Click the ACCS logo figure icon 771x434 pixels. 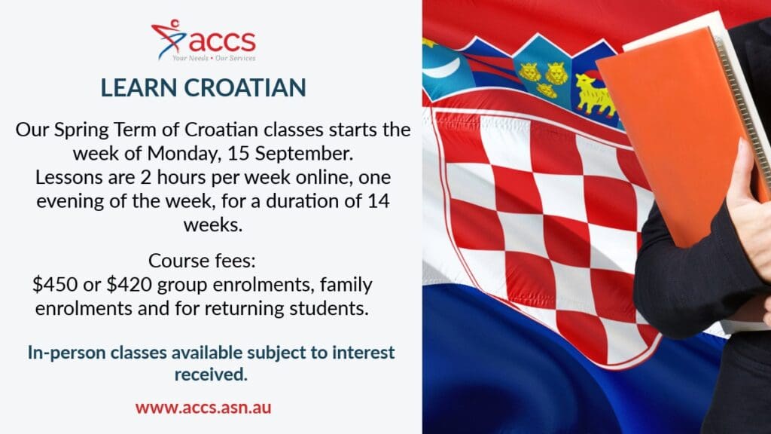tap(168, 38)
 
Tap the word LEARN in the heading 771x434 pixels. tap(139, 87)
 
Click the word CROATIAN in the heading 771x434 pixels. tap(245, 87)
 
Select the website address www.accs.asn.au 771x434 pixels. tap(203, 408)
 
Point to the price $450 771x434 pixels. tap(55, 284)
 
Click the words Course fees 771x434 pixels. tap(202, 261)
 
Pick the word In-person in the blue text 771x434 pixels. tap(66, 353)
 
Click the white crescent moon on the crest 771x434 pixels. tap(443, 69)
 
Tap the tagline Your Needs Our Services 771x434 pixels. tap(214, 58)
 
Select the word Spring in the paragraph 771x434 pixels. tap(81, 130)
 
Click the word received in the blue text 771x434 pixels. tap(211, 375)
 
